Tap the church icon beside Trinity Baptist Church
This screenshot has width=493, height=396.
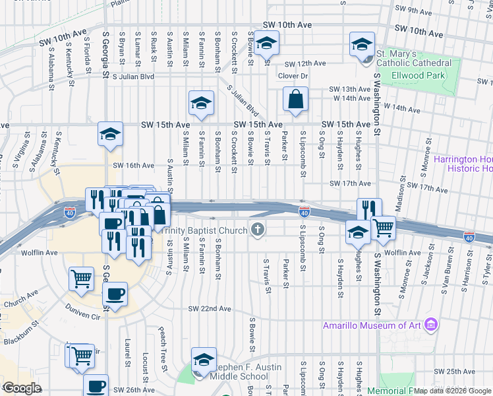click(258, 230)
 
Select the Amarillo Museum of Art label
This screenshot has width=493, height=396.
click(372, 325)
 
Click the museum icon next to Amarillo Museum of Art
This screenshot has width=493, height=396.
click(431, 325)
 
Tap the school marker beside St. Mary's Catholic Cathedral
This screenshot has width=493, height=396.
click(362, 46)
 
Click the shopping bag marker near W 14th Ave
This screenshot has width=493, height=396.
click(296, 100)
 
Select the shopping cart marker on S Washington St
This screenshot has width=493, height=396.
click(383, 229)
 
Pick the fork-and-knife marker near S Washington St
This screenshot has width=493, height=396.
click(369, 210)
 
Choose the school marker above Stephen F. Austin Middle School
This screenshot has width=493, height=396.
click(204, 360)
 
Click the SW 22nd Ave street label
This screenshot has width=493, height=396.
click(210, 308)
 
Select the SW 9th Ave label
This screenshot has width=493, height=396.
click(411, 10)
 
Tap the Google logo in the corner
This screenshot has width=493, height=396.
click(21, 388)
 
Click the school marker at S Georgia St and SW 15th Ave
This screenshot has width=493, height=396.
click(110, 135)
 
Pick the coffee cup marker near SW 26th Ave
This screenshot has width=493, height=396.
click(96, 385)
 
